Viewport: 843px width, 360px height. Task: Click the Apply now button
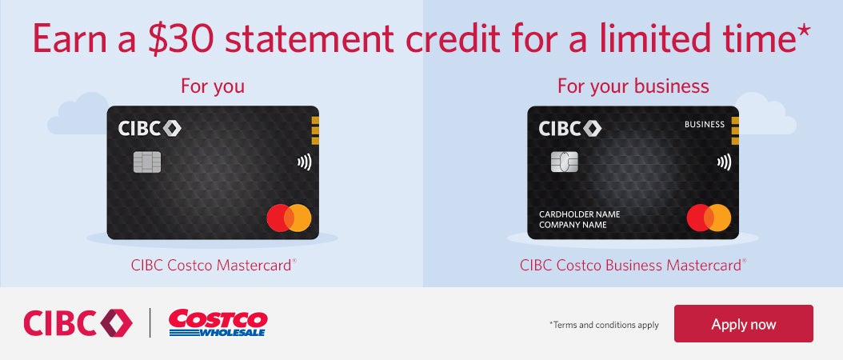[743, 324]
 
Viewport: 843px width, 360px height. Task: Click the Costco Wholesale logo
[218, 323]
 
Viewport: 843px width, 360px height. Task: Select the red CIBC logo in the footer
[78, 322]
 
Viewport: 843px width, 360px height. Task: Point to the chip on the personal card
[147, 162]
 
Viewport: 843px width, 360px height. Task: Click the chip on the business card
[565, 162]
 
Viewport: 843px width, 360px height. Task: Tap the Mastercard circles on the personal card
[289, 218]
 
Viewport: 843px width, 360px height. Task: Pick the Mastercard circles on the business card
[709, 218]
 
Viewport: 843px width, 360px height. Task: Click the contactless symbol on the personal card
[304, 162]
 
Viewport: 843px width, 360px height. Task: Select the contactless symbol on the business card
[724, 162]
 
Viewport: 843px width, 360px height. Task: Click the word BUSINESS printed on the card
[705, 125]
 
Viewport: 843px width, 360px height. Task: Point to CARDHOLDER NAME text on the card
[579, 214]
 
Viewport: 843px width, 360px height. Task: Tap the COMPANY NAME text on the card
[573, 226]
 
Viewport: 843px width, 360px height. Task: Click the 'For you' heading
[213, 86]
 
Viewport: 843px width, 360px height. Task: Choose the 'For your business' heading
[633, 86]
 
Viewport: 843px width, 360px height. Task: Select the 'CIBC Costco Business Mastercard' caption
[633, 265]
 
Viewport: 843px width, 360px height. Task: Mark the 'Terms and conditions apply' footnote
[604, 325]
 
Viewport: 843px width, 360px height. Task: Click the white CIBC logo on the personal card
[150, 128]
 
